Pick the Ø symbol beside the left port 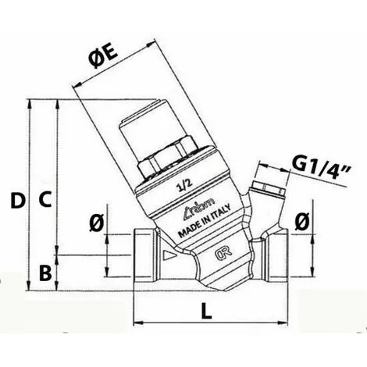pyautogui.click(x=96, y=223)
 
